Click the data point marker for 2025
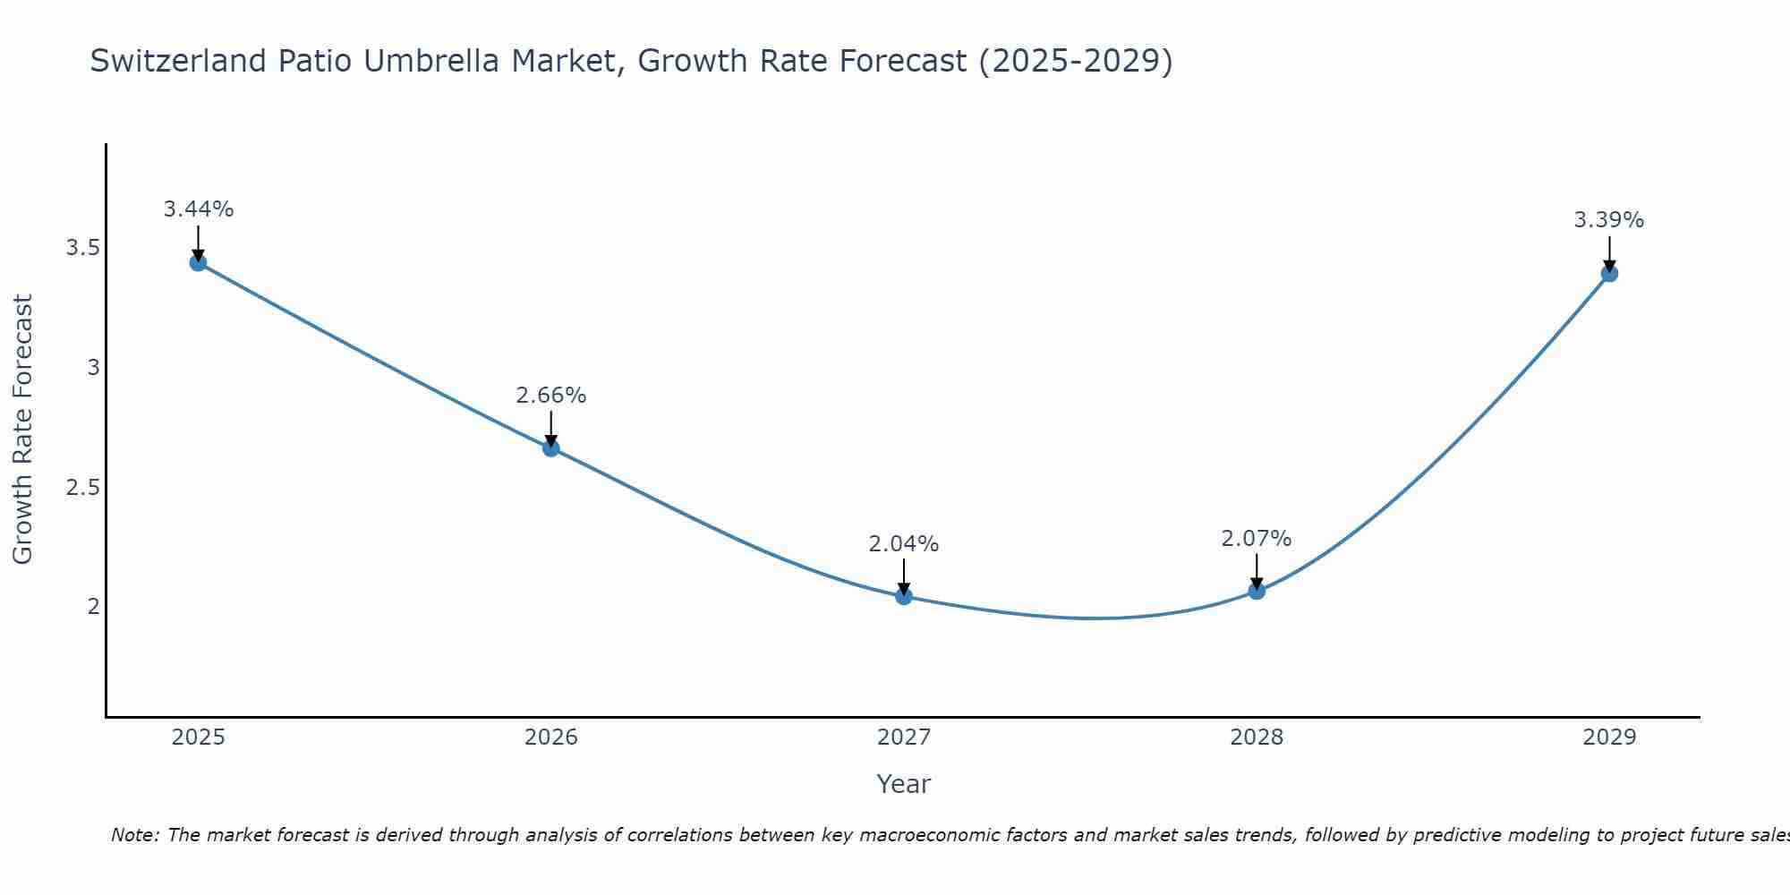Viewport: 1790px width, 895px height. (x=198, y=262)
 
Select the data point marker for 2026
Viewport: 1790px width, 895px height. (x=550, y=447)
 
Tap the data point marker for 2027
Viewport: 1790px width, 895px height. (x=903, y=596)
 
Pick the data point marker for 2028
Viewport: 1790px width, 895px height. (x=1257, y=591)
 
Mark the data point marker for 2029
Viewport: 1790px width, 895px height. (x=1609, y=273)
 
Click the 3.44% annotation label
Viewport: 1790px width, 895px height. (x=198, y=209)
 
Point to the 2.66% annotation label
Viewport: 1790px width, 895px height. (x=550, y=396)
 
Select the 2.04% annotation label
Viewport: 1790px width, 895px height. (x=903, y=544)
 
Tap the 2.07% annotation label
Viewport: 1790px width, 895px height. (x=1256, y=539)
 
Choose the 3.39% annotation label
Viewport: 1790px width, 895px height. (x=1608, y=220)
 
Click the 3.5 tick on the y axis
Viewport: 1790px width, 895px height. (x=82, y=248)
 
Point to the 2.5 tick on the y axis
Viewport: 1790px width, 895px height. (x=82, y=488)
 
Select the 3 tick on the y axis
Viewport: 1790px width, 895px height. (x=93, y=368)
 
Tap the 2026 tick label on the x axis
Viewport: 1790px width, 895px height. (x=550, y=737)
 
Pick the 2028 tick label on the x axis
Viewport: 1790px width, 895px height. (x=1256, y=737)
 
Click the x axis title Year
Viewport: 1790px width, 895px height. (x=903, y=784)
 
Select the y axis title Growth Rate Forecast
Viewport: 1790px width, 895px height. (x=23, y=429)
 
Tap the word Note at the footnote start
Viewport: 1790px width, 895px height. (x=133, y=835)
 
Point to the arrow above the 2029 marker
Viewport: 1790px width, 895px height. (x=1609, y=252)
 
